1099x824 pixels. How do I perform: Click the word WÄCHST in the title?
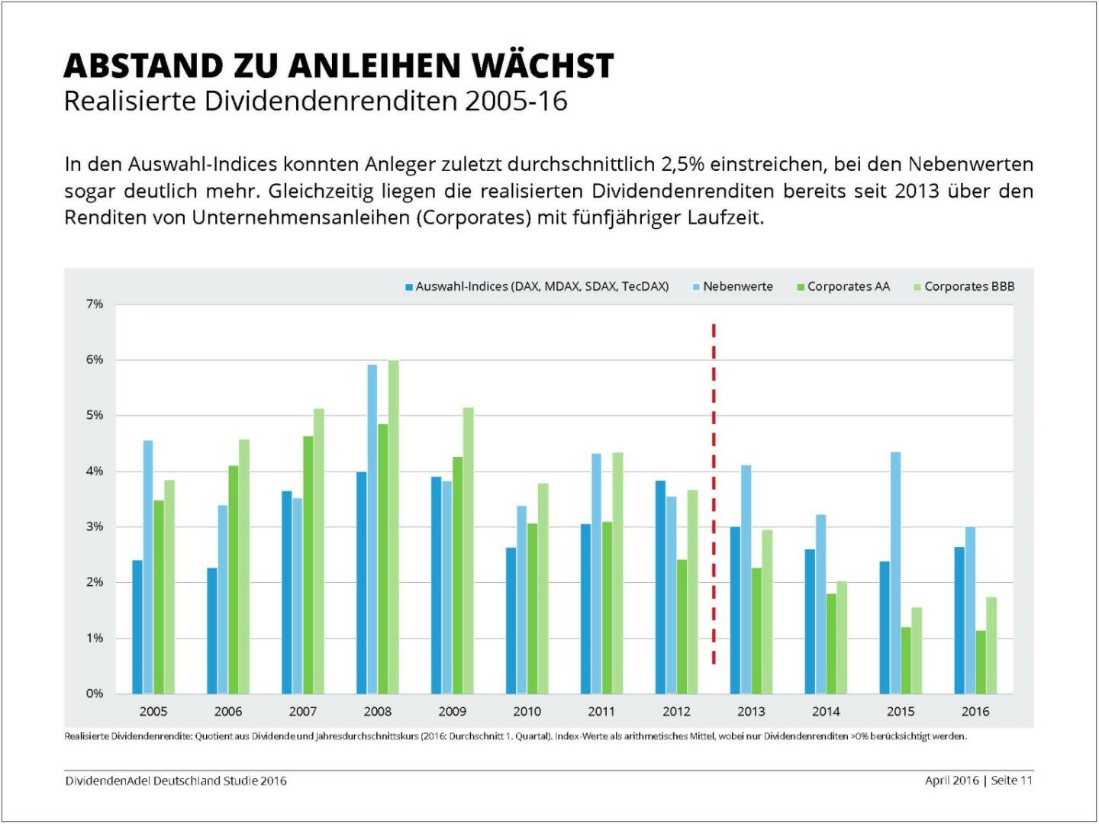tap(543, 66)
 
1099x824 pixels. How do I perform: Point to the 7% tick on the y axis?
tap(94, 304)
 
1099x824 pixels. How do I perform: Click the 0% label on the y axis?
tap(94, 694)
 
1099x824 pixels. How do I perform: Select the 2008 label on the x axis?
tap(377, 712)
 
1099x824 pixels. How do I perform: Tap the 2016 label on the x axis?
tap(975, 712)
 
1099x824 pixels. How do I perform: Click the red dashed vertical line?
tap(714, 496)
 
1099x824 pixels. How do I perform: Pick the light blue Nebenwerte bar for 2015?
tap(895, 572)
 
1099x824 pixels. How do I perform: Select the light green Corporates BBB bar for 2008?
tap(393, 526)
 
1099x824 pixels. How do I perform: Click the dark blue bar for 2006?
tap(211, 630)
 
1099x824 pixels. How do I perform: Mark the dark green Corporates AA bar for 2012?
tap(682, 626)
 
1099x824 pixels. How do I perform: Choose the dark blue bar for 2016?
tap(959, 620)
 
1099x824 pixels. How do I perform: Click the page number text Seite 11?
tap(1011, 781)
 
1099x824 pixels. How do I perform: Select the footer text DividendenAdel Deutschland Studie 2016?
tap(176, 781)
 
